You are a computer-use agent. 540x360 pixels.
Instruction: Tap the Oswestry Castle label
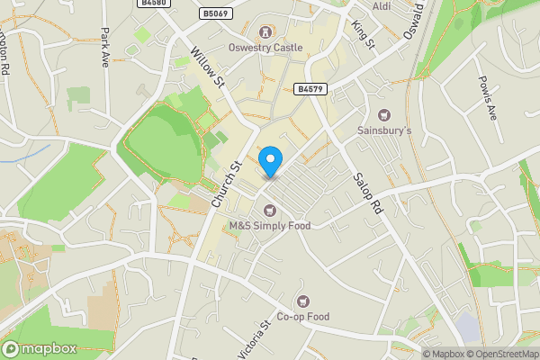265,48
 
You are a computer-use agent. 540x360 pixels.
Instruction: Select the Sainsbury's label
385,130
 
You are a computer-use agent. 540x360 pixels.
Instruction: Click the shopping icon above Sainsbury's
385,115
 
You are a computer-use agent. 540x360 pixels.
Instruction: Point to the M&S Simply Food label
269,226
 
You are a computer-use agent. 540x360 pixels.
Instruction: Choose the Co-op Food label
303,316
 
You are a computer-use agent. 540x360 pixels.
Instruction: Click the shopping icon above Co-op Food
303,301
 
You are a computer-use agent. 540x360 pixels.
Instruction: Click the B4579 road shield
309,88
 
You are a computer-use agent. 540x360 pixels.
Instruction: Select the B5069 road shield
215,13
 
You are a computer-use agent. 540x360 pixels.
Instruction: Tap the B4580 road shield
154,4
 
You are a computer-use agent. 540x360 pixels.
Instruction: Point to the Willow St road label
208,67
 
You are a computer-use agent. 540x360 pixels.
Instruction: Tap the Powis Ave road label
487,98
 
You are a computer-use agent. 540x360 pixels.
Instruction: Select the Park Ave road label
106,42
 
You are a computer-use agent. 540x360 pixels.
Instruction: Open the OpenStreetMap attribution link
501,354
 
